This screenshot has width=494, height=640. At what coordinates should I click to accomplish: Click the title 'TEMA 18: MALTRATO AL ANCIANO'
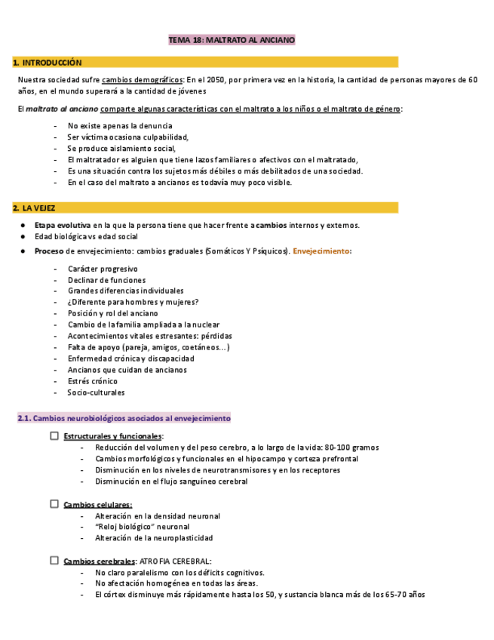(231, 40)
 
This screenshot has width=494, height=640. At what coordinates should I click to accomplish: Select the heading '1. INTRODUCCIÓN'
(48, 63)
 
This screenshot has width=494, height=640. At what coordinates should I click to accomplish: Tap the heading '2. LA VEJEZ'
(35, 208)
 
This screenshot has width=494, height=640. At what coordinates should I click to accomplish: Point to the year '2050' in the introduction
(219, 80)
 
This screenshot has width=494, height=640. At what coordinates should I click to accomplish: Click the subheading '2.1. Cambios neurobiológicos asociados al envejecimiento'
(124, 418)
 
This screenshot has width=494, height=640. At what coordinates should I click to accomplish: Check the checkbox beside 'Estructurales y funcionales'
(54, 436)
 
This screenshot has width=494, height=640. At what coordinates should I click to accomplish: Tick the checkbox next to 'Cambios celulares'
(54, 504)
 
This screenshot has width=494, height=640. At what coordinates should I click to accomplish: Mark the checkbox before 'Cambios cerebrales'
(54, 561)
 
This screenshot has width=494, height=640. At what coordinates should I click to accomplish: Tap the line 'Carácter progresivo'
(103, 269)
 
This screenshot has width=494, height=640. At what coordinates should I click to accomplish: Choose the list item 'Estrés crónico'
(92, 381)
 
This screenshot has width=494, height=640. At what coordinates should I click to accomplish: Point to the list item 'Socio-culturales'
(96, 392)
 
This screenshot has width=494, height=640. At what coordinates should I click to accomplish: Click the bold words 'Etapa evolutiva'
(63, 225)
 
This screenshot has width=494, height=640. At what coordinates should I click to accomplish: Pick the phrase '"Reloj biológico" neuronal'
(142, 527)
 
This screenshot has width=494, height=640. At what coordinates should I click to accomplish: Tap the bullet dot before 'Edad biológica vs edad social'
(25, 236)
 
